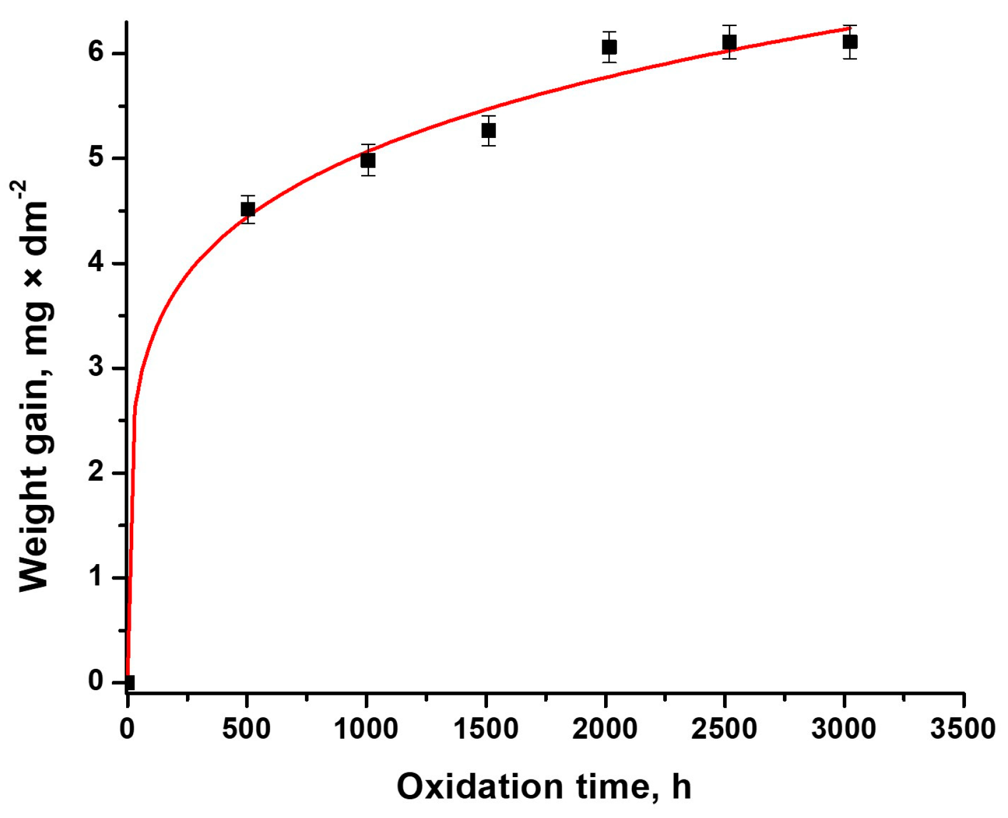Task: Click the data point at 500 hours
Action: (248, 210)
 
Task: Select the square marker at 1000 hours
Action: (368, 160)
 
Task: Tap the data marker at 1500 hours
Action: (488, 131)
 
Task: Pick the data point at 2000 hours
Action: (609, 47)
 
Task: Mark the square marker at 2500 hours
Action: (729, 43)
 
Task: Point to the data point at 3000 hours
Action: (850, 42)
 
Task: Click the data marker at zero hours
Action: (129, 682)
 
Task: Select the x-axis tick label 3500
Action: (963, 729)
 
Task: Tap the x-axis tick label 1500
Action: (486, 729)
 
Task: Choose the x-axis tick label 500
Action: (246, 729)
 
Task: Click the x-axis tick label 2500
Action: (724, 729)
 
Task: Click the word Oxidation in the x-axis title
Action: (480, 787)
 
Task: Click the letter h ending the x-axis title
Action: (682, 787)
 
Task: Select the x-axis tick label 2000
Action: (605, 729)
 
